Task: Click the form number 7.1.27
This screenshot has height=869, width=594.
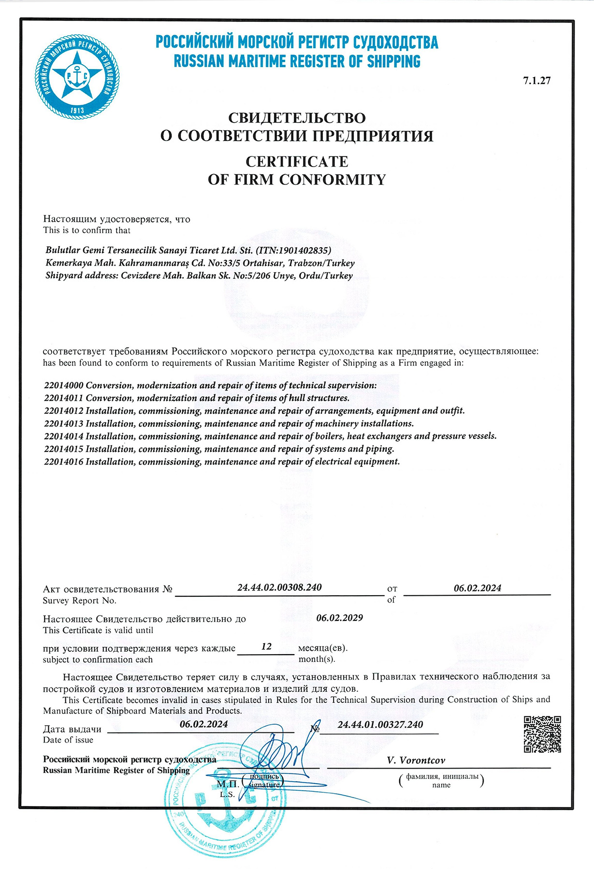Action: [x=536, y=81]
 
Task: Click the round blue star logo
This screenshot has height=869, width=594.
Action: [x=77, y=77]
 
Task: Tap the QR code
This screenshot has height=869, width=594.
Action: [x=542, y=734]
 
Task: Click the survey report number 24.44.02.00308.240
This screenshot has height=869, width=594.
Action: [x=279, y=588]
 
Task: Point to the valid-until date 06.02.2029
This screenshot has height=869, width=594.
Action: [x=339, y=618]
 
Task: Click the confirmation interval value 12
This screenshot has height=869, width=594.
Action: [x=266, y=646]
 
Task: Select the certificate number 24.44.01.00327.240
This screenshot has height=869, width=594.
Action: [x=380, y=725]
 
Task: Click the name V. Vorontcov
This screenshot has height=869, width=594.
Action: [x=416, y=760]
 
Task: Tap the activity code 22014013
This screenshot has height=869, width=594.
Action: [x=64, y=424]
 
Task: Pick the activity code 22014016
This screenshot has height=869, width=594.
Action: [x=64, y=462]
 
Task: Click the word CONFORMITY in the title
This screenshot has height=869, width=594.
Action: [x=333, y=180]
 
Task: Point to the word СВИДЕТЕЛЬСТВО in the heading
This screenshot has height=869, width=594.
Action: [x=297, y=117]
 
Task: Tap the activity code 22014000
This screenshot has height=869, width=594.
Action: [x=64, y=386]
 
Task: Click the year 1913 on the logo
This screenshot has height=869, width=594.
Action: [x=77, y=111]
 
